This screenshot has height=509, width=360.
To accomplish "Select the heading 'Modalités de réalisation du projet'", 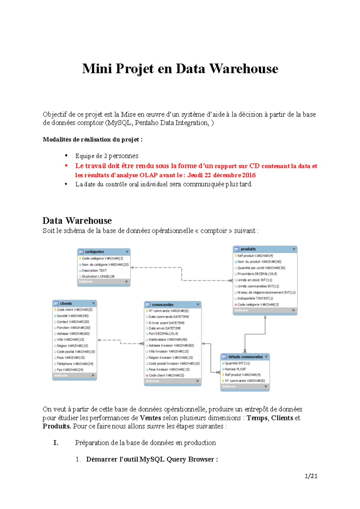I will pos(92,139).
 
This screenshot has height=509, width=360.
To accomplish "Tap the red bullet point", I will pos(66,166).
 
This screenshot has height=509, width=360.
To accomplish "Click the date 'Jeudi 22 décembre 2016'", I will pos(221,175).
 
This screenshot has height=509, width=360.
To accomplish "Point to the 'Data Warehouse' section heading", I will pos(77,221).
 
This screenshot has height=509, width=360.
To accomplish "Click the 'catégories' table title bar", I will pos(103,252).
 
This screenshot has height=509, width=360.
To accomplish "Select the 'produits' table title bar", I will pos(265,249).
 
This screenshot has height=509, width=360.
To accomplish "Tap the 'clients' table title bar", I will pos(74,303).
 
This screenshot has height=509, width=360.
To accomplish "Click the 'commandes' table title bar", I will pos(172,305).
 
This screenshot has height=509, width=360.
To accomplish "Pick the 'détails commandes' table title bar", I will pos(245,357).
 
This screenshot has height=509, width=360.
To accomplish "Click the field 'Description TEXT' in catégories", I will pos(94,270).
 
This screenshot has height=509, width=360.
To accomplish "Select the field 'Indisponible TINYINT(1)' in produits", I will pos(255,298).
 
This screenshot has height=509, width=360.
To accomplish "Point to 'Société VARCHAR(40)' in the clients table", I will pos(73,316).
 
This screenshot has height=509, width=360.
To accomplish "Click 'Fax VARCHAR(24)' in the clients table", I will pos(70,370).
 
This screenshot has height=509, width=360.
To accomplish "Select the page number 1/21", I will pos(311,476).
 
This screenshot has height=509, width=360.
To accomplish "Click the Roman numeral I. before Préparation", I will pos(56,443).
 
